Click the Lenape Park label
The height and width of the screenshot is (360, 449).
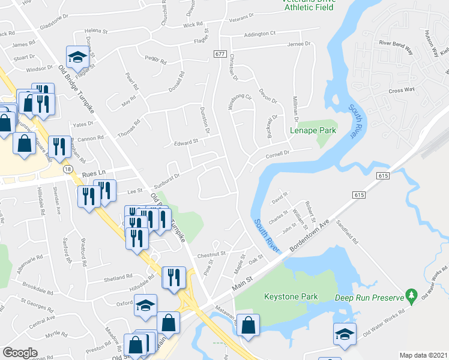312,130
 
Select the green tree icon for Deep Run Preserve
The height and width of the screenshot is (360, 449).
411,296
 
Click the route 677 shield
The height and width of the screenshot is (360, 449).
219,54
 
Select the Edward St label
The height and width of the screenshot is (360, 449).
186,142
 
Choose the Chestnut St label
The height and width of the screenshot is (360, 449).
211,254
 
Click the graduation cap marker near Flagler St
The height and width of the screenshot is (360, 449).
77,58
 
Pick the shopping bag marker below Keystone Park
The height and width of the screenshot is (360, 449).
248,326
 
